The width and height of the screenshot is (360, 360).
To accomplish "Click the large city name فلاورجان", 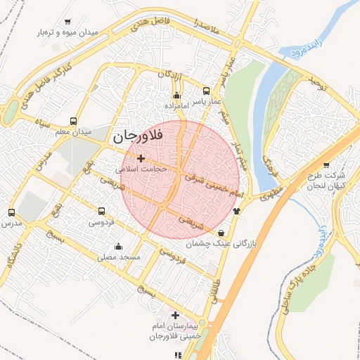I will pyautogui.click(x=136, y=136).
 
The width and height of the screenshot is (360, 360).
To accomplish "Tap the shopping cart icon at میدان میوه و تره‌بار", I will pyautogui.click(x=67, y=22).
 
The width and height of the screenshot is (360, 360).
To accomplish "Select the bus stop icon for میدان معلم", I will pyautogui.click(x=74, y=121).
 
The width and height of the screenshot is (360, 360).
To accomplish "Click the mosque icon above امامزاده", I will pyautogui.click(x=176, y=95).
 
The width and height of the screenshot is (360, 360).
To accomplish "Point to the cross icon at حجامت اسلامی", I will pyautogui.click(x=141, y=158).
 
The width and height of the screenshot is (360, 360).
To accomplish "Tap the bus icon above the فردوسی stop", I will pyautogui.click(x=102, y=211).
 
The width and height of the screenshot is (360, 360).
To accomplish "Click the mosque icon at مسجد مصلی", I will pyautogui.click(x=117, y=247).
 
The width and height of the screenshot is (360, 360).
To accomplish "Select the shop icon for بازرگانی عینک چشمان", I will pyautogui.click(x=221, y=233).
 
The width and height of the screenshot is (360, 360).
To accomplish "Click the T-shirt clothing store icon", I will pyautogui.click(x=236, y=209).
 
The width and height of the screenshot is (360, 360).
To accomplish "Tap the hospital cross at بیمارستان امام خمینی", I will pyautogui.click(x=175, y=316).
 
